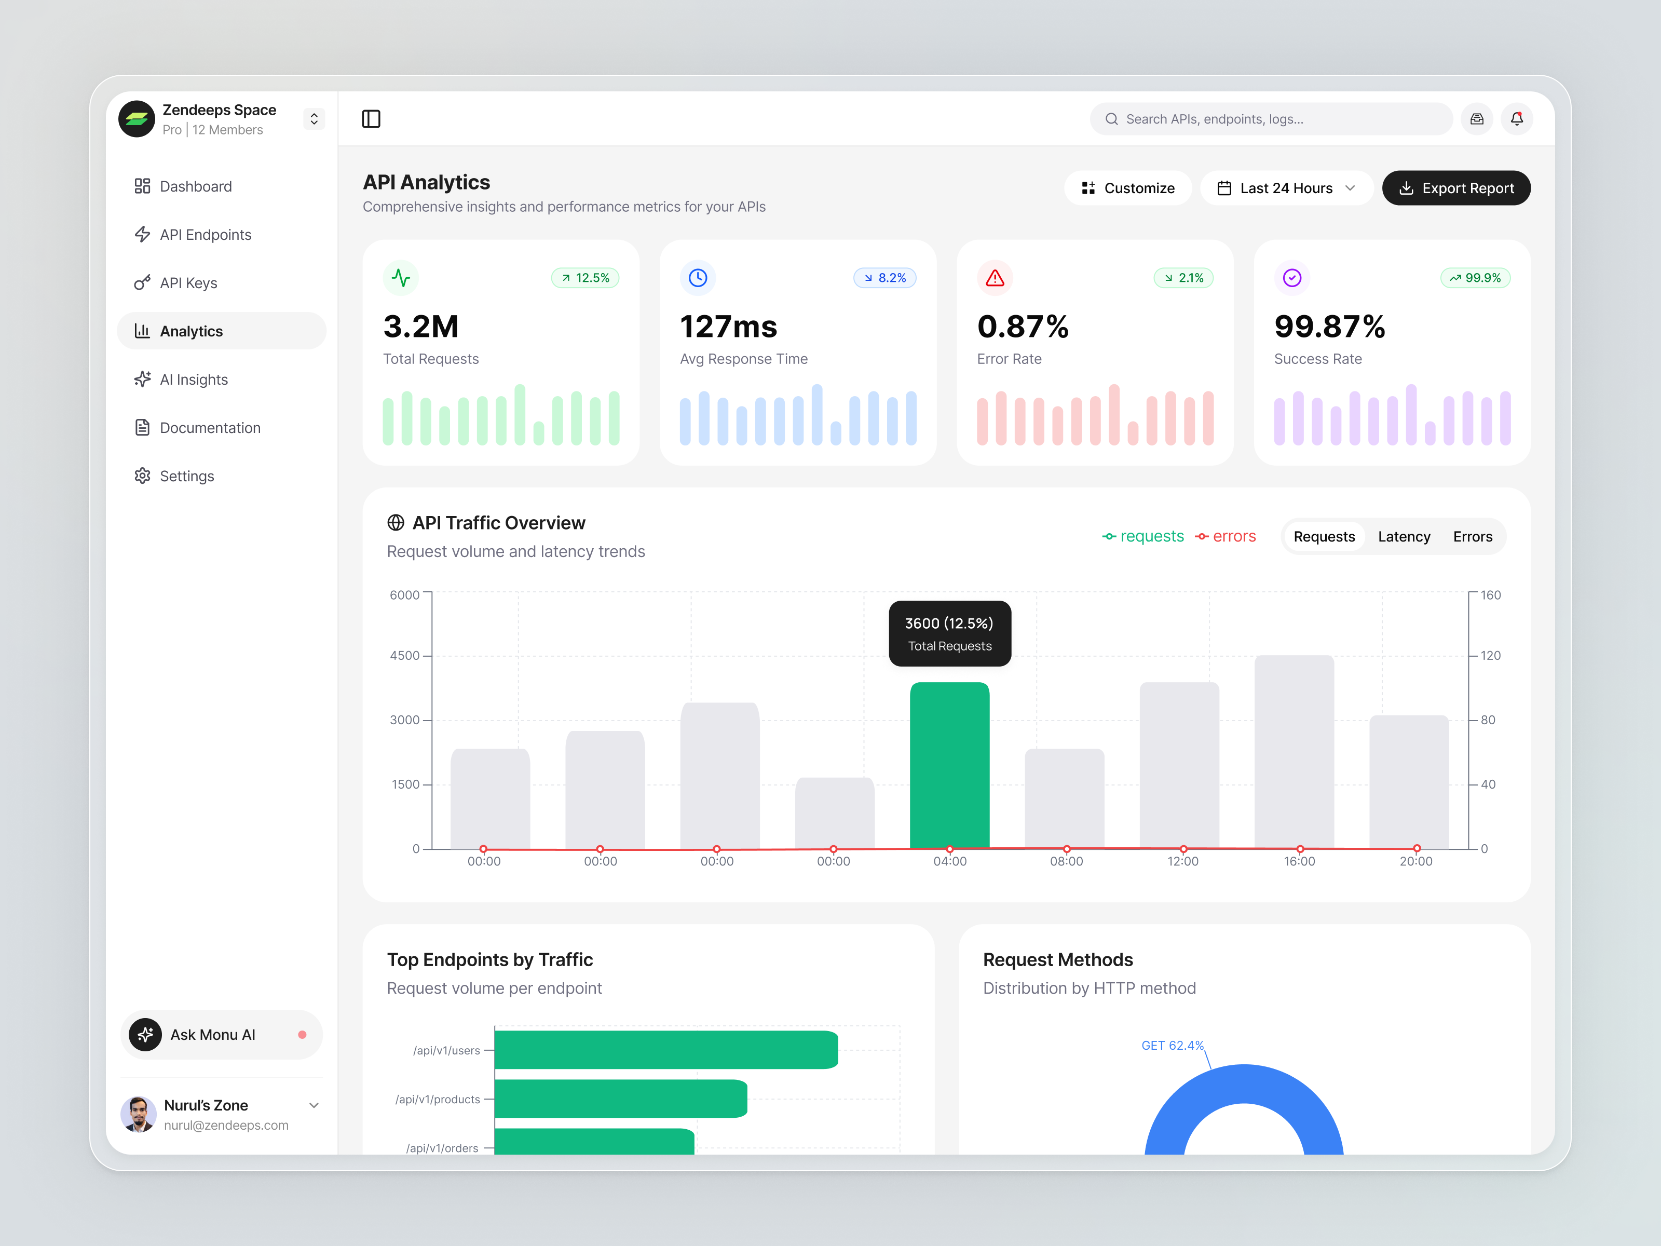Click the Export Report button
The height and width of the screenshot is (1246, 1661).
point(1455,188)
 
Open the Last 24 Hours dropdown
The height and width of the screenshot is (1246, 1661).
point(1286,188)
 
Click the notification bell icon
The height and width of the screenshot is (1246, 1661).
point(1516,119)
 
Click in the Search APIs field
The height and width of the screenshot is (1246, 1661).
point(1271,119)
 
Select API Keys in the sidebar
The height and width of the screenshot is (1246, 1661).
point(188,283)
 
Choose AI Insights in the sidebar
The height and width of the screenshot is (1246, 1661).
point(193,380)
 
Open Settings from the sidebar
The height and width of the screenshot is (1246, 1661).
point(186,476)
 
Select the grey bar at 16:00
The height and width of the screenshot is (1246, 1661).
point(1294,751)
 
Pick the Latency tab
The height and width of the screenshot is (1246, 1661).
point(1404,536)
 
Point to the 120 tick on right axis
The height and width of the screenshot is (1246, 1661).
point(1490,656)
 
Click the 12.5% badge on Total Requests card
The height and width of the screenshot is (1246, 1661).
point(585,278)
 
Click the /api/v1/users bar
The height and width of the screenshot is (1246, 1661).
point(665,1049)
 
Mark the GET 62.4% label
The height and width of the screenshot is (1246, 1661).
point(1172,1046)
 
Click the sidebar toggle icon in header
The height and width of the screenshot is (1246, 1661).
point(371,119)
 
